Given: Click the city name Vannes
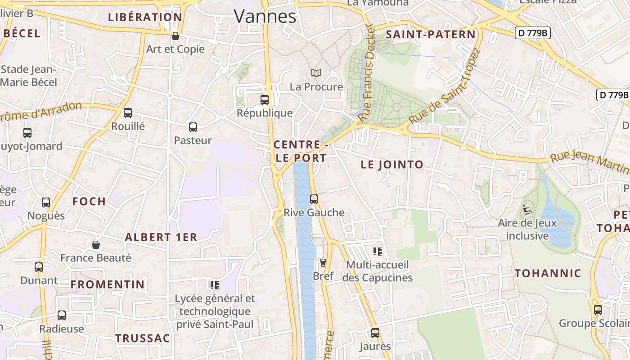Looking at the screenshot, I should point(265,17).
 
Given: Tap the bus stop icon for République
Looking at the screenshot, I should point(265,100).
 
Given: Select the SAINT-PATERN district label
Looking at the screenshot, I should point(431,35).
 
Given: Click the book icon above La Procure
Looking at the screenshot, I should point(316,73).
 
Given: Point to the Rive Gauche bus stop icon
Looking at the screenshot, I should point(314,199).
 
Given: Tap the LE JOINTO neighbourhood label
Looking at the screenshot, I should point(392,165).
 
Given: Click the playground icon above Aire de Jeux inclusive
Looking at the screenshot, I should point(527,210).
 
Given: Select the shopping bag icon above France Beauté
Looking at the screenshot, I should point(96,245).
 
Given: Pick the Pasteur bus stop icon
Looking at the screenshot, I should point(193,127).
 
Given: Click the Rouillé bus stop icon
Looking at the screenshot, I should point(128,113).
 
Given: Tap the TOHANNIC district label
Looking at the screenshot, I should point(548,273).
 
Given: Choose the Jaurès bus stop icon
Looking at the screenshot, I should point(375,333).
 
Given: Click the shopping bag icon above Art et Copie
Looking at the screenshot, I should point(175,36).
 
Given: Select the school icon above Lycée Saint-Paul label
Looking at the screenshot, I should point(215,285).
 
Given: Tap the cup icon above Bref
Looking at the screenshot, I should point(323,263).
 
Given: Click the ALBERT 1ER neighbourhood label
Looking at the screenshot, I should point(161,237).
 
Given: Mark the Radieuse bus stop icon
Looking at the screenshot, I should point(62,315).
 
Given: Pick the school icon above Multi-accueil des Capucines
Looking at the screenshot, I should point(378,251).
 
